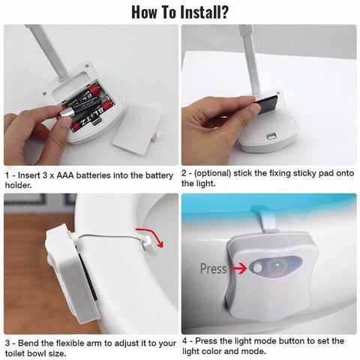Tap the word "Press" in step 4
tap(214, 268)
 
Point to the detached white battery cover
tap(136, 124)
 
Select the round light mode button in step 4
tap(259, 267)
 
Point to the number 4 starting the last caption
tap(186, 340)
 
